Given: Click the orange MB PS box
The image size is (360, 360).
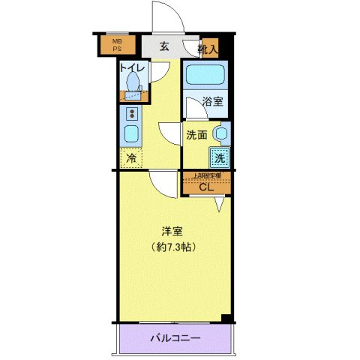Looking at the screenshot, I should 116,46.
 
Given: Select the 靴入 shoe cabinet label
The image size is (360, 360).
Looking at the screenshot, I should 208,49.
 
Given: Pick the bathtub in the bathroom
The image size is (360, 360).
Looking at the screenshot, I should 207,76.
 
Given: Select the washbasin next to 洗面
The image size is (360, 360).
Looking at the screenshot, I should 220,134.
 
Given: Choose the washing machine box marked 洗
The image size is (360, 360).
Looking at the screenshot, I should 218,158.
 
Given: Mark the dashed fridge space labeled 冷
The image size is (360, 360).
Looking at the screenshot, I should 131,158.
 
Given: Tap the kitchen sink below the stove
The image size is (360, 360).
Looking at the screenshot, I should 130,136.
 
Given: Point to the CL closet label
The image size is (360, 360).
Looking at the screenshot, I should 206,187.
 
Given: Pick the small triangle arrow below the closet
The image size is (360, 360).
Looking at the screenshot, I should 220,202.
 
